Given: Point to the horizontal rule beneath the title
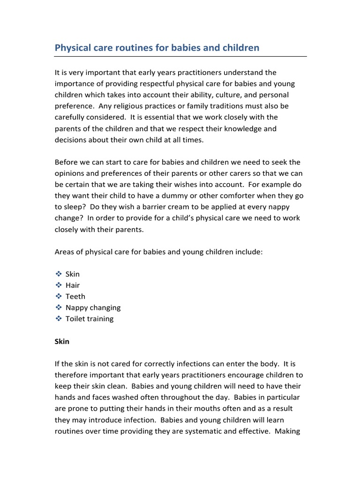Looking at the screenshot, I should (x=180, y=56).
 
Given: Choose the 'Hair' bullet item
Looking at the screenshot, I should (x=73, y=285).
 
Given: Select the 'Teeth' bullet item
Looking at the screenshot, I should (x=75, y=297).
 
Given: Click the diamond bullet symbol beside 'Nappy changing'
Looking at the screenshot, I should (x=59, y=307).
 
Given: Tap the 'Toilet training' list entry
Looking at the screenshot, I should (x=90, y=319).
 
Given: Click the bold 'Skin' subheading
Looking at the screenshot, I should (x=62, y=342).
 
